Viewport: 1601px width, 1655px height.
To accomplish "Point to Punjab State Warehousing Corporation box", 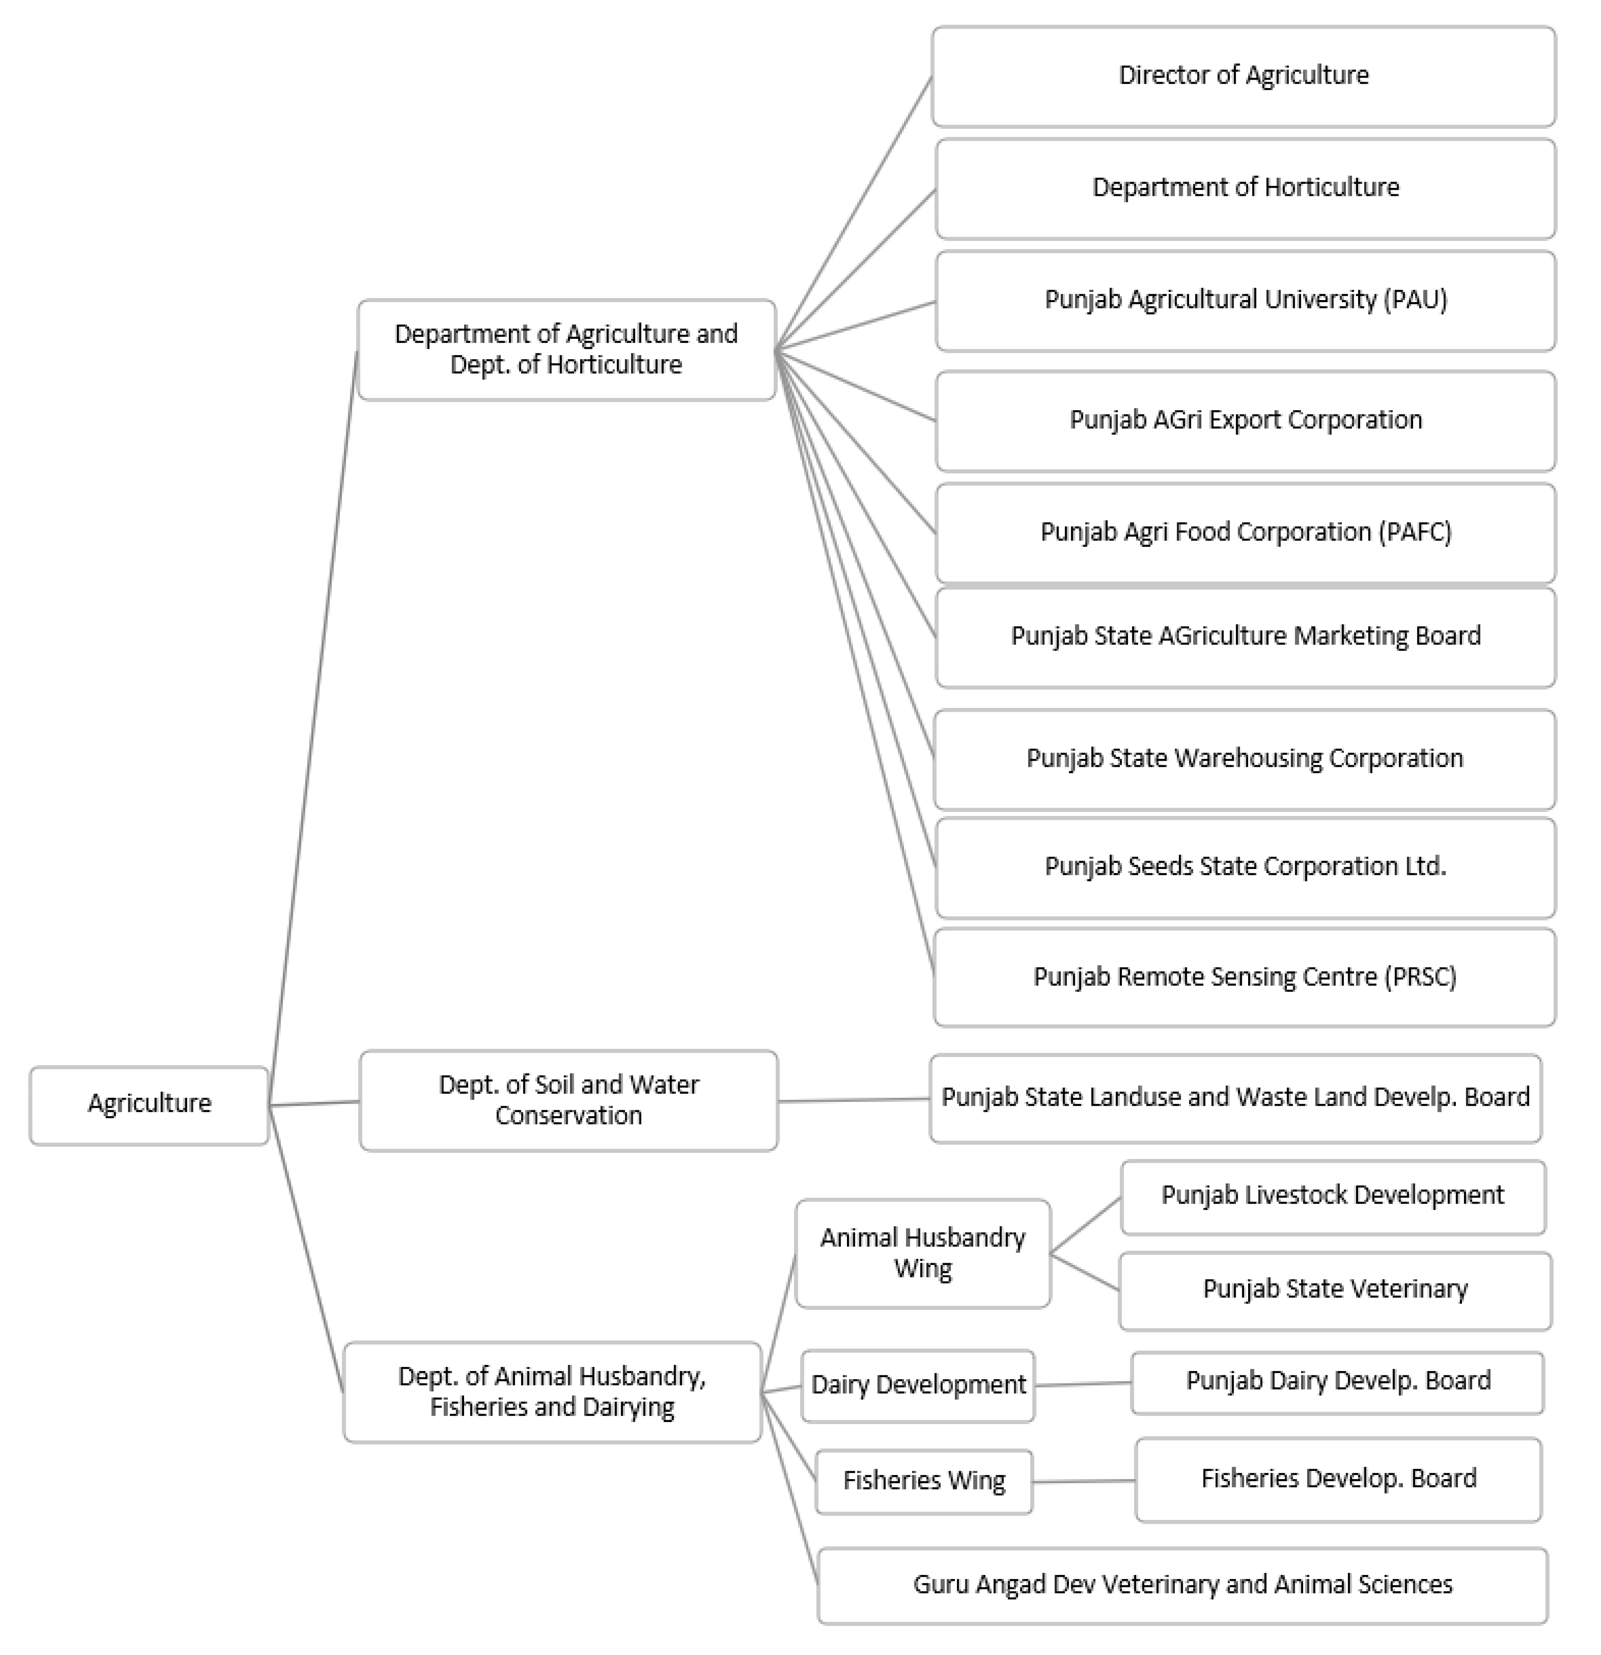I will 1244,759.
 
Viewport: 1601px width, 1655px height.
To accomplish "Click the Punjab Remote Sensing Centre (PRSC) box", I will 1244,978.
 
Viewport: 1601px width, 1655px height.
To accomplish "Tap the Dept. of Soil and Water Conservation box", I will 568,1100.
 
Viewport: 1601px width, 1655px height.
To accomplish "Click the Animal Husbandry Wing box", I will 922,1253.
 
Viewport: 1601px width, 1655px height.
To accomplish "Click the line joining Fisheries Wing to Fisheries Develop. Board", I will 1084,1481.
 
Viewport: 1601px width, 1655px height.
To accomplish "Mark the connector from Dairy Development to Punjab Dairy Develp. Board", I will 1083,1384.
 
